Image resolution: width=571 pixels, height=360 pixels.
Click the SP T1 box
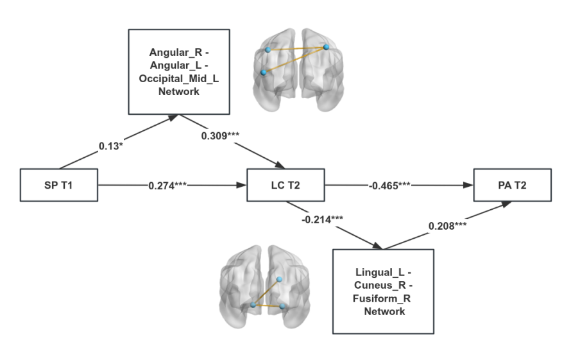click(x=58, y=186)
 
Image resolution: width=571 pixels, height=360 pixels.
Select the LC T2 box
click(x=286, y=186)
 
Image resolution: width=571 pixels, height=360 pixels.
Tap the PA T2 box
click(x=512, y=186)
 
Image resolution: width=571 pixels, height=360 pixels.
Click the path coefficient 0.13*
click(x=112, y=146)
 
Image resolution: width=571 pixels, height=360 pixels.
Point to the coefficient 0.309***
click(x=221, y=136)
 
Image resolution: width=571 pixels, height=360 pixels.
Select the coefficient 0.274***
click(x=167, y=186)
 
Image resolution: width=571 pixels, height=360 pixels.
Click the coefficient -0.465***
click(x=389, y=186)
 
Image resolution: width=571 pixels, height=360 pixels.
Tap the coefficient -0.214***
click(x=322, y=220)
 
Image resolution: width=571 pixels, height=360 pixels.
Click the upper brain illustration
click(x=295, y=70)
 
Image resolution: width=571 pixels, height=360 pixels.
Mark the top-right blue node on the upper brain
click(x=327, y=47)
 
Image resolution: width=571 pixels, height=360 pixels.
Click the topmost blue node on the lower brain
click(x=279, y=279)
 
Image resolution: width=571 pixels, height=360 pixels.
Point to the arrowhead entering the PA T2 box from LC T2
click(x=469, y=186)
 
